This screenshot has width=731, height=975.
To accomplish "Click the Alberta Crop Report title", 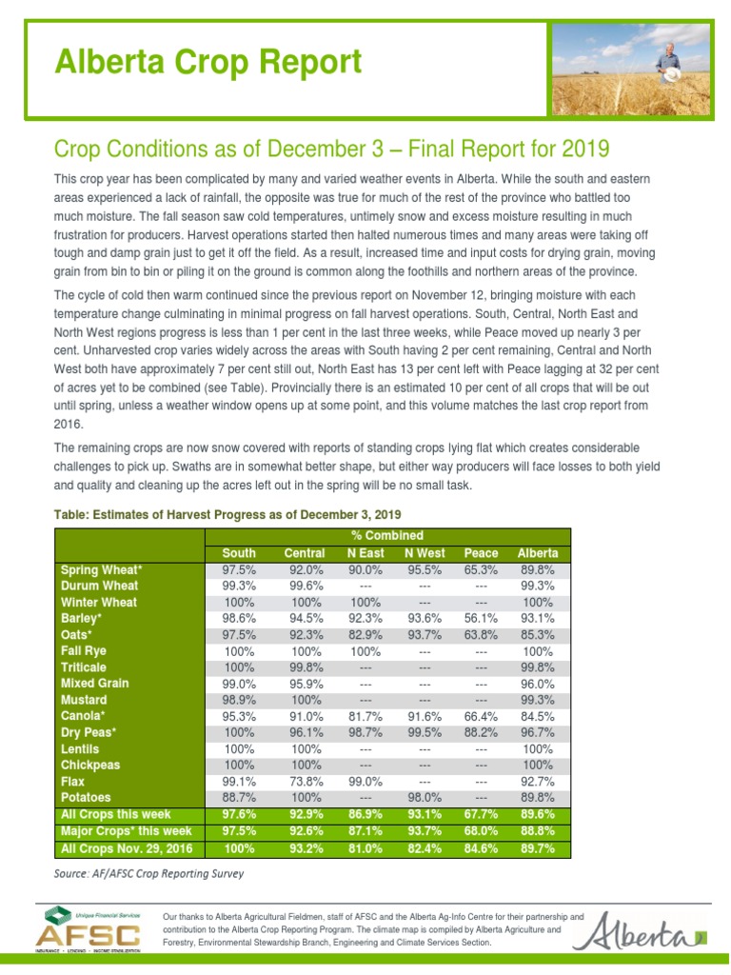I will (x=207, y=63).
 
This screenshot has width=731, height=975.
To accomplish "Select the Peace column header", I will (x=481, y=553).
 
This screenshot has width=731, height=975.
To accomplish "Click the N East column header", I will (x=365, y=553).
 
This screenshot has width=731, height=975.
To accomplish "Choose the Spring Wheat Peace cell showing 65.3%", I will (x=481, y=569).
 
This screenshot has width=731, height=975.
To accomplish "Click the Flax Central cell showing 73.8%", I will (x=305, y=781).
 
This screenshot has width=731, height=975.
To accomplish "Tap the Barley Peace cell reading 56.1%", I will (x=481, y=618).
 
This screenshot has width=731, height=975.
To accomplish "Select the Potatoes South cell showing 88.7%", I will (x=239, y=797).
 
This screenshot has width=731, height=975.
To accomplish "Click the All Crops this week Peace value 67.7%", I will (x=481, y=814).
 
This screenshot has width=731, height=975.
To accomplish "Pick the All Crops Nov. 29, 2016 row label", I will (x=127, y=847).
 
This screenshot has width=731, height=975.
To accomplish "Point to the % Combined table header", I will (x=386, y=536).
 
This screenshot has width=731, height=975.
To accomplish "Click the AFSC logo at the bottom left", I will (x=89, y=928).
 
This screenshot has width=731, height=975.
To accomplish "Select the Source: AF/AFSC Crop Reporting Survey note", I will (x=148, y=872).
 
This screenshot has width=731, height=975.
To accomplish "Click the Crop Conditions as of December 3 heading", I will (x=331, y=149).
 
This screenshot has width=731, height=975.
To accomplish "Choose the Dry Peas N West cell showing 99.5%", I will (x=424, y=732).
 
